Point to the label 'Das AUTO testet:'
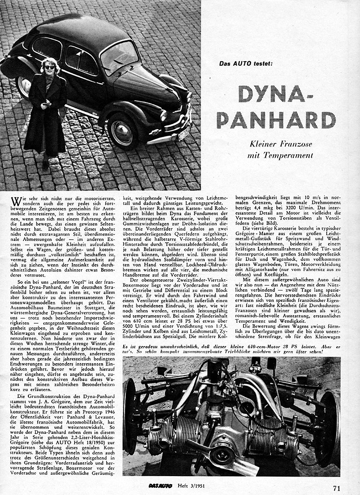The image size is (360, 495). point(247,63)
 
